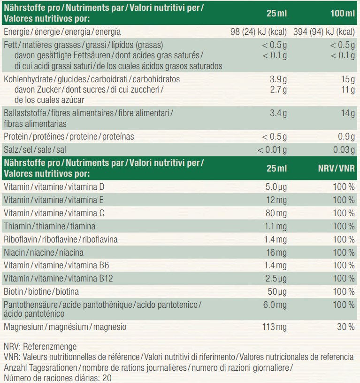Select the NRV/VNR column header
[336, 168]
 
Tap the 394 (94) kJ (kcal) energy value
[324, 32]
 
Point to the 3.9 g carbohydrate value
[276, 79]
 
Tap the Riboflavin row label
[61, 239]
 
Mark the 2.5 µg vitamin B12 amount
[276, 279]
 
